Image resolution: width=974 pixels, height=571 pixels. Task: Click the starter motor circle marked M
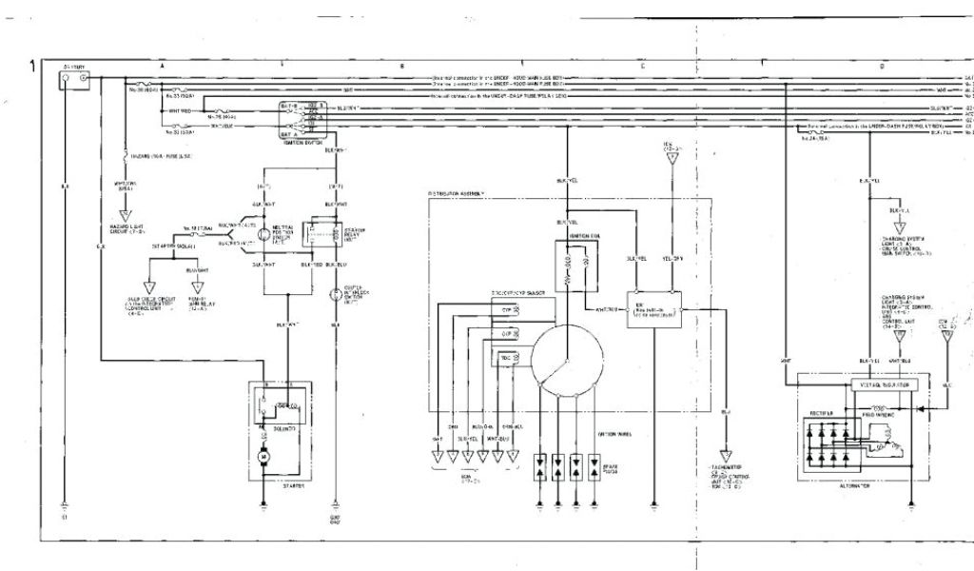tap(266, 460)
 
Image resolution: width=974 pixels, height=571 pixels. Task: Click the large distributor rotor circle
tap(567, 359)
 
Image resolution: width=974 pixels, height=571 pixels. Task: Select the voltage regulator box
tap(884, 384)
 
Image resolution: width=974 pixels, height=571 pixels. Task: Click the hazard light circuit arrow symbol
tap(124, 216)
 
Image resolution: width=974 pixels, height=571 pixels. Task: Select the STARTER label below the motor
tap(292, 486)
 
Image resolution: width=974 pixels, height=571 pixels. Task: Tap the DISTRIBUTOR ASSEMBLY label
tap(457, 193)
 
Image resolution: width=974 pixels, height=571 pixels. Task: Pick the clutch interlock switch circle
tap(335, 295)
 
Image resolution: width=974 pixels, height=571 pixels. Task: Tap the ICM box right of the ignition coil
tap(653, 309)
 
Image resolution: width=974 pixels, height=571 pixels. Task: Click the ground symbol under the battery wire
tap(65, 504)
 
